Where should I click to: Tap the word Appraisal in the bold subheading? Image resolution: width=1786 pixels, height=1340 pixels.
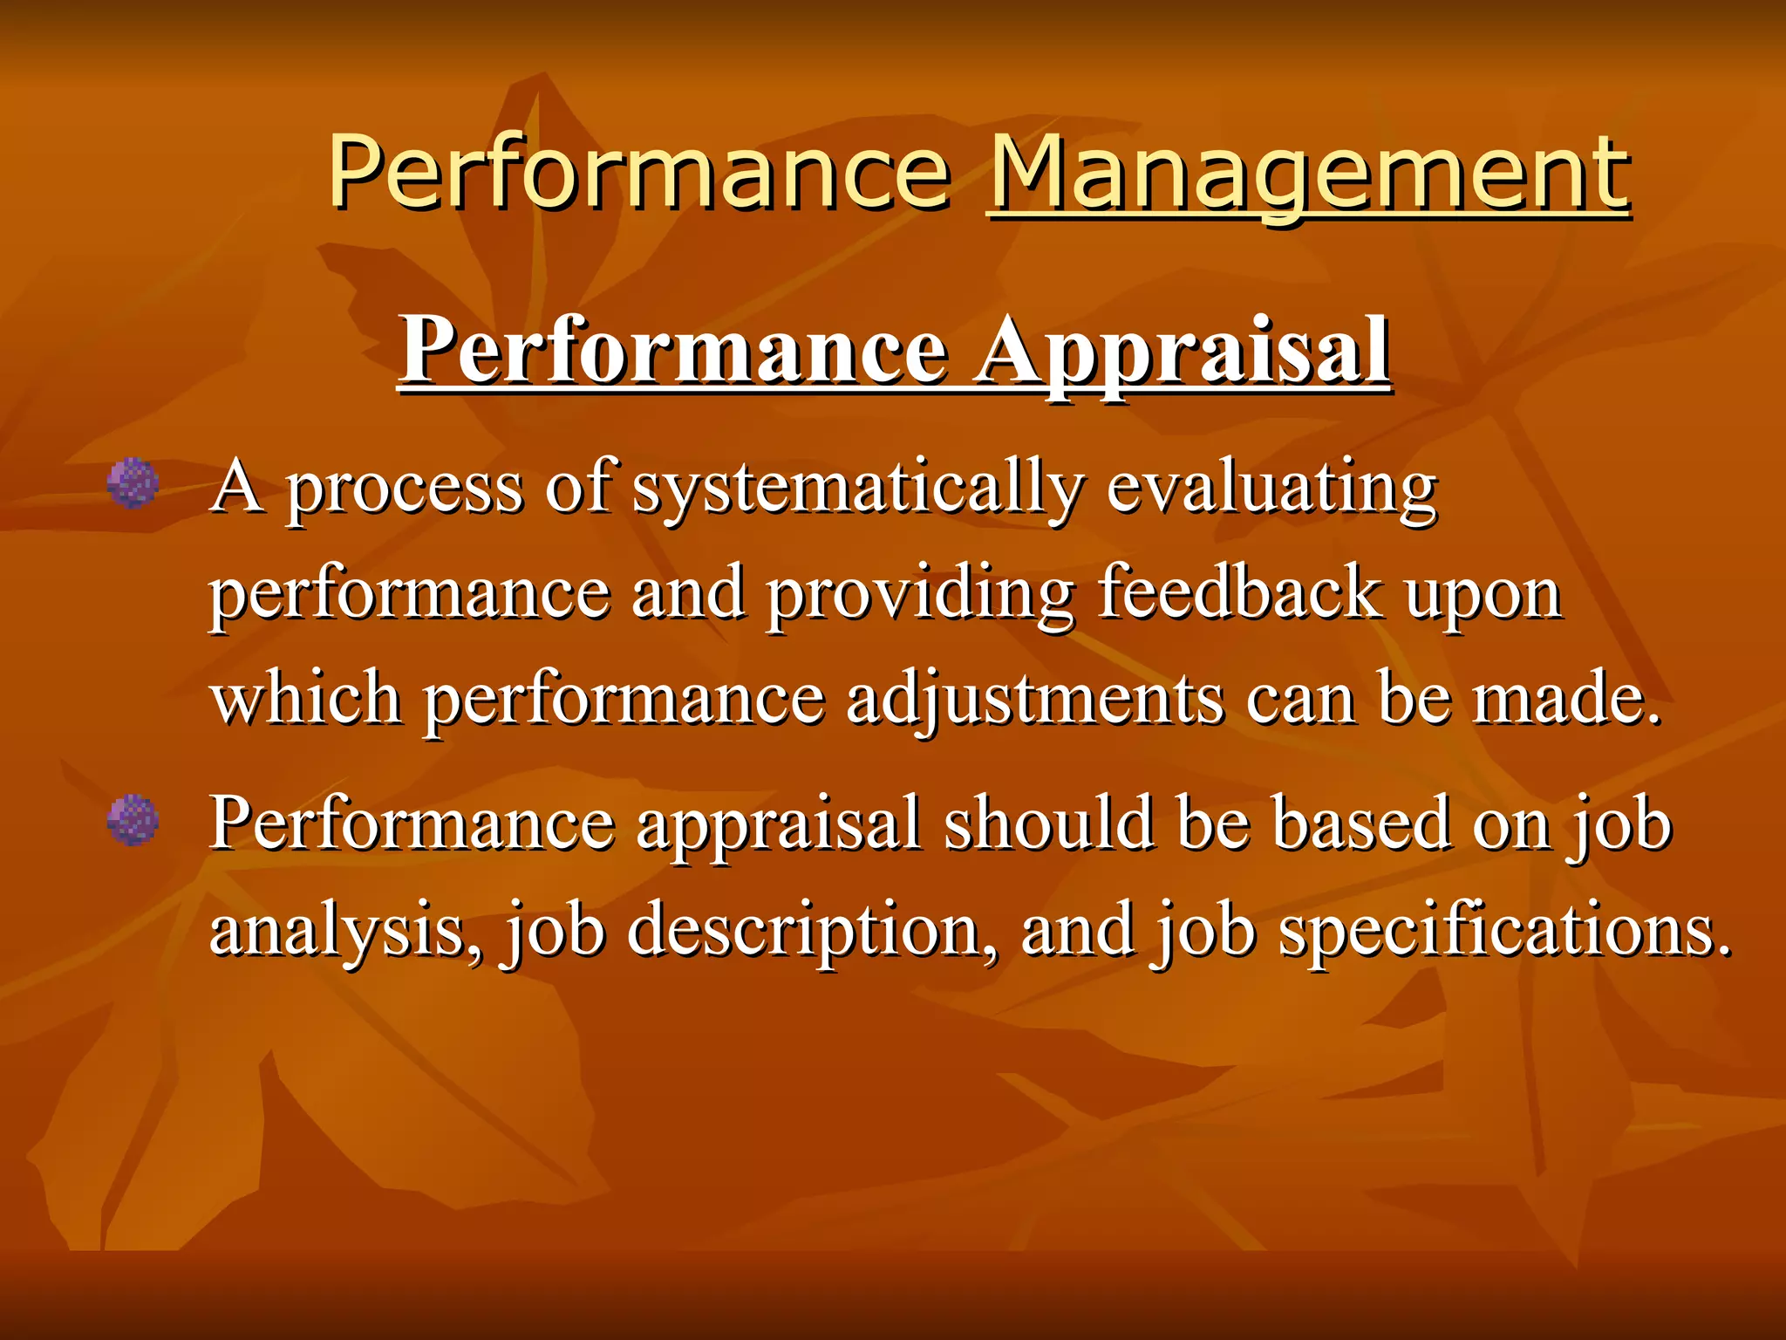[1183, 351]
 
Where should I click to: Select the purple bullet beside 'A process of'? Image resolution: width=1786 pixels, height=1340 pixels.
[133, 483]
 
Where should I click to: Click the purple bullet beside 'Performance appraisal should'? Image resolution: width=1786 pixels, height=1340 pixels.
[133, 820]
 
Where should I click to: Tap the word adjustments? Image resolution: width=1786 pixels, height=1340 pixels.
[1035, 700]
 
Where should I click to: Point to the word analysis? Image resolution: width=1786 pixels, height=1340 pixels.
[344, 930]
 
